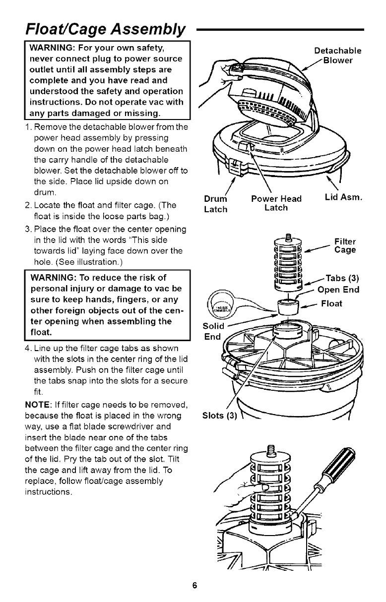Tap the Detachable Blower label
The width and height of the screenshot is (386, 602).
[337, 56]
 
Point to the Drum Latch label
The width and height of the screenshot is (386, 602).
[215, 204]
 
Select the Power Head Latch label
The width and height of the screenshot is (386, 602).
[276, 203]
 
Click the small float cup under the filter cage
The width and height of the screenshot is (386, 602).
[287, 306]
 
